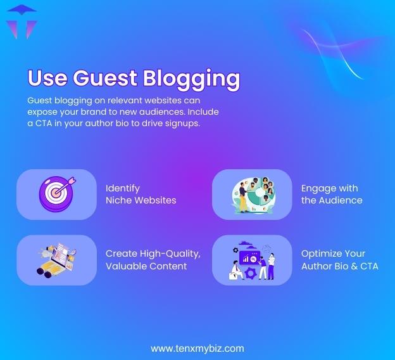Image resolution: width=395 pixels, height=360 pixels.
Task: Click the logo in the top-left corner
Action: tap(22, 22)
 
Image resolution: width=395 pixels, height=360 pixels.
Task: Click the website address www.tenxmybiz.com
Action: tap(197, 348)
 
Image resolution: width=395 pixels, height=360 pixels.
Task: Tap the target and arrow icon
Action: tap(56, 193)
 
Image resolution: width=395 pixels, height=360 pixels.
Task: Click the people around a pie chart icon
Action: tap(252, 195)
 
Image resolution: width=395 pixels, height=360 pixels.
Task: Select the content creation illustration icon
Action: tap(56, 260)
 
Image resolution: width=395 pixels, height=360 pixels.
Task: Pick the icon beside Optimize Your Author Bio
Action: tap(252, 260)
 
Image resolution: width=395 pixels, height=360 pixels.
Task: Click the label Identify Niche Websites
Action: tap(141, 194)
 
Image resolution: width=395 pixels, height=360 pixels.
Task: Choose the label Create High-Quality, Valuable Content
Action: tap(153, 260)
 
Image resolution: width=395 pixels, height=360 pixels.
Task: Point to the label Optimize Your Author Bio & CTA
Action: tap(339, 260)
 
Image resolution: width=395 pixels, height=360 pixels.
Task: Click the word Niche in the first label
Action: tap(119, 200)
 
